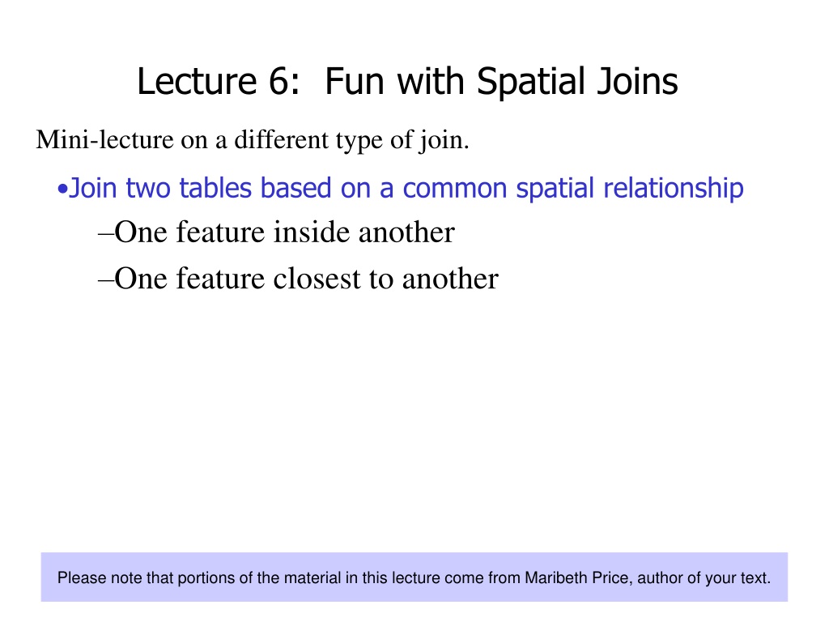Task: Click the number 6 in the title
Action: point(281,82)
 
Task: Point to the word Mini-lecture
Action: point(104,139)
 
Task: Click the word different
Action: point(281,139)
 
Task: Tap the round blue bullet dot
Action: point(62,190)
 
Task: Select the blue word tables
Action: point(215,188)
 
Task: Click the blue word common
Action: point(455,189)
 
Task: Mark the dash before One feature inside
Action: point(106,232)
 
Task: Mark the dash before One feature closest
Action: point(106,279)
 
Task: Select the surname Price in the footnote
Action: point(612,577)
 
